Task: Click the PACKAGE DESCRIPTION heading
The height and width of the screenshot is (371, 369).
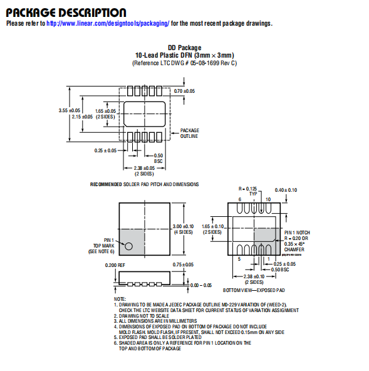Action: [66, 13]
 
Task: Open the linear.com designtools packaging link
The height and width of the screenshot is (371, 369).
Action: [108, 23]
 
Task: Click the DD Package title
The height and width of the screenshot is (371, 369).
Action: [184, 48]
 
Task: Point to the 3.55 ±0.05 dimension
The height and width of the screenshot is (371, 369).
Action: [70, 110]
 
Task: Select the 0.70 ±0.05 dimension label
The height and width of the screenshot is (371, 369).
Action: [184, 91]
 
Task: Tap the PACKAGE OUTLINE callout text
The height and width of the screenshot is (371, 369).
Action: [189, 133]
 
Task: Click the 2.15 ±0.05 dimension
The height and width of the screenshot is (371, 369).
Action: [82, 117]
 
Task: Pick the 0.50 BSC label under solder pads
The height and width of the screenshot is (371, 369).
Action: [159, 159]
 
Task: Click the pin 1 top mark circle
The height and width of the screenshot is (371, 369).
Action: [128, 246]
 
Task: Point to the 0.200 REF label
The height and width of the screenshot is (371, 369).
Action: [115, 265]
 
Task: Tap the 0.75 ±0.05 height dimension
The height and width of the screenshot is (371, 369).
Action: [183, 264]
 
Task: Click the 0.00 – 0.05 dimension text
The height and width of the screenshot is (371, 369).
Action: [201, 285]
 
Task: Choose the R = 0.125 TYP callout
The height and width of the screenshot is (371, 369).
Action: [247, 191]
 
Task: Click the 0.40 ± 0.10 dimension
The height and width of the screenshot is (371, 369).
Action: [286, 190]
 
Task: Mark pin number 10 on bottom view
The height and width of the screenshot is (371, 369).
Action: [268, 199]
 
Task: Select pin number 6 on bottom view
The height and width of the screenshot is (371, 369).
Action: [240, 199]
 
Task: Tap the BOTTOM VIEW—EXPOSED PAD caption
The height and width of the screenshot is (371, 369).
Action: [254, 290]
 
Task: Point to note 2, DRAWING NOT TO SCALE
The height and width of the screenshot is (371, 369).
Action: [142, 316]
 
